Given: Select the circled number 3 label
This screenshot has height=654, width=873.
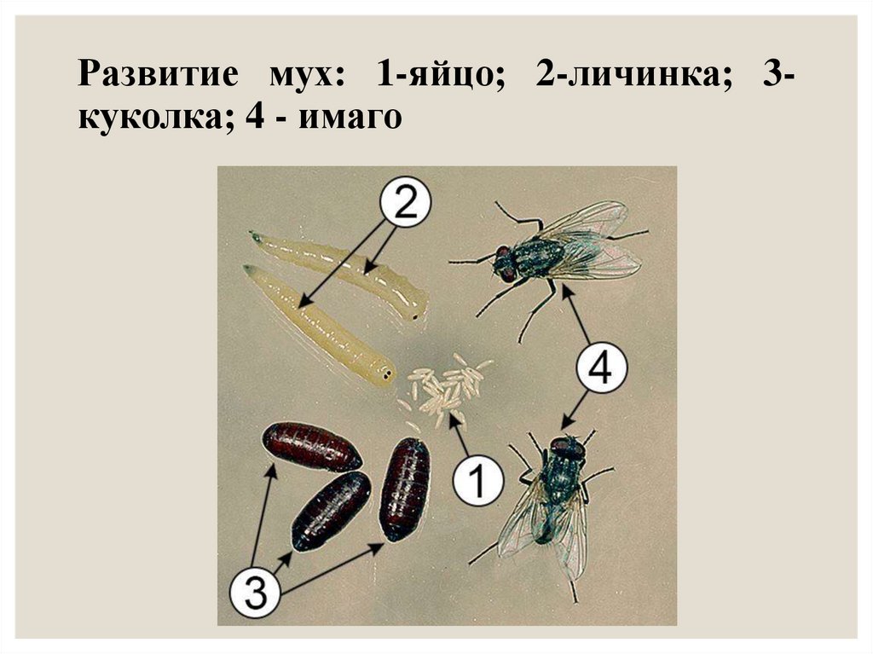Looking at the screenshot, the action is pos(256,592).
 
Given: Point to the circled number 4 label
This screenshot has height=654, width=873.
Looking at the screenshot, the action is pos(601,368).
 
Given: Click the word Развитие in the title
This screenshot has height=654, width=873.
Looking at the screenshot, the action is pos(158,73).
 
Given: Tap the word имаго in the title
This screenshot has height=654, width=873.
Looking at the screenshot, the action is pos(350,119).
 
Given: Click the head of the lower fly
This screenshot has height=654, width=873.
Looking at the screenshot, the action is pos(567,449).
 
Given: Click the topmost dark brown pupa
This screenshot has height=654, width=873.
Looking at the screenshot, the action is pos(311,446).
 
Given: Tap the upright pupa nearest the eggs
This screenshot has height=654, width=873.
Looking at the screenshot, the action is pos(405,489).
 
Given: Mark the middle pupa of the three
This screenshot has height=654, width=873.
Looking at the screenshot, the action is pos(331,511).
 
